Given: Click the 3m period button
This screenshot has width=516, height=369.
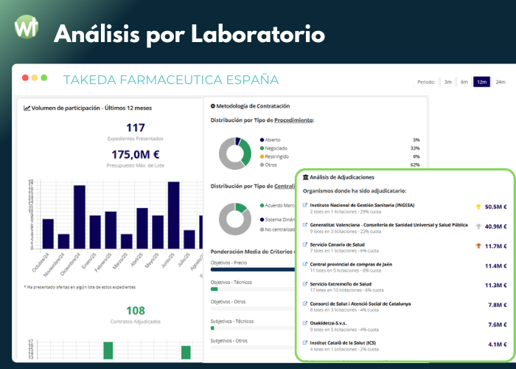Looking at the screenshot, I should [x=448, y=82].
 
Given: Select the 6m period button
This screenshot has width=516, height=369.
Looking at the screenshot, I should [x=464, y=82].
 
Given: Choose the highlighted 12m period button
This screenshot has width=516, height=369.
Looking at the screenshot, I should [x=482, y=82].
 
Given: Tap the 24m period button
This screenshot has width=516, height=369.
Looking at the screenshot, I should [x=501, y=82].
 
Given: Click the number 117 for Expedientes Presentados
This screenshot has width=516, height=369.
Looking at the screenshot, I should [x=136, y=128].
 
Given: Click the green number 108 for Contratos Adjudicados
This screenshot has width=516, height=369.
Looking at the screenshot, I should [x=136, y=311].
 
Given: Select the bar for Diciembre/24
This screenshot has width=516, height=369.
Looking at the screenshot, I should [x=79, y=217].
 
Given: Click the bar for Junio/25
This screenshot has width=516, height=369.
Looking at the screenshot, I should [x=174, y=215].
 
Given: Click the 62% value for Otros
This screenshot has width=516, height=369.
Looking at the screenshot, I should [x=415, y=165].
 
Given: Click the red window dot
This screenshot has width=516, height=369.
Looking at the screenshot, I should [x=25, y=77].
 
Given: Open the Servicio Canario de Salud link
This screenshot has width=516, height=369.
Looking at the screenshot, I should [x=338, y=244].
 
